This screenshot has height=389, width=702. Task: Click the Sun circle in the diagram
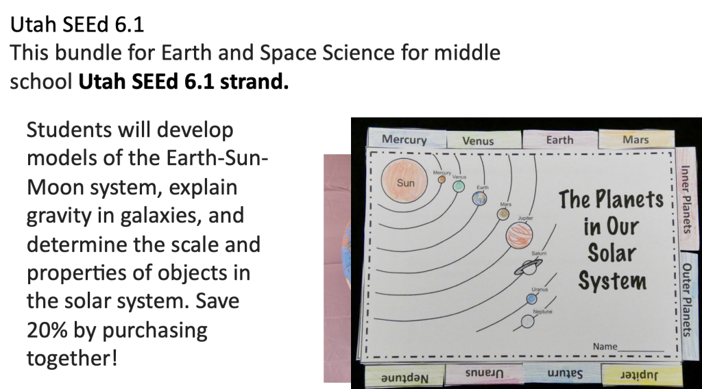[x=404, y=181]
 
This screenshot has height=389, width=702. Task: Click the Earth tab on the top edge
[x=559, y=140]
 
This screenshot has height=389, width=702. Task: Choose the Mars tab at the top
[x=636, y=139]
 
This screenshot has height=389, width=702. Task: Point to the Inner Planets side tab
[x=686, y=199]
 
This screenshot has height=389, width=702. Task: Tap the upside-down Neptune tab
[x=404, y=377]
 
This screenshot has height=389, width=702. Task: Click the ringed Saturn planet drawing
[x=529, y=267]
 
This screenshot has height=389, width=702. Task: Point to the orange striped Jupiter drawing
[x=520, y=235]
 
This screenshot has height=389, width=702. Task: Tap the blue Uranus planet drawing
[x=532, y=299]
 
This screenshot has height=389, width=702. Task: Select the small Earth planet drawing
[x=479, y=198]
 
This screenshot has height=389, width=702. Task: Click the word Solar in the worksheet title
[x=612, y=253]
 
